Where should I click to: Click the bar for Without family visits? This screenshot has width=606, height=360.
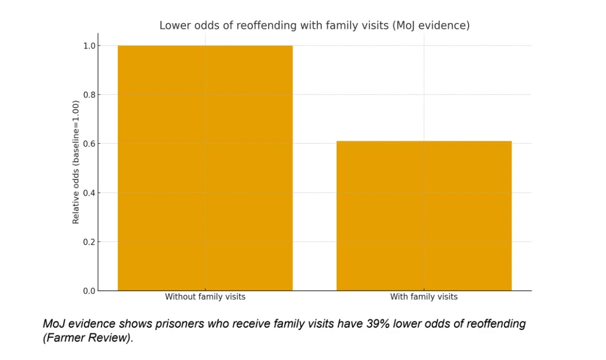pos(205,168)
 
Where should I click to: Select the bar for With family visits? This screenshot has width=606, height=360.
pos(424,216)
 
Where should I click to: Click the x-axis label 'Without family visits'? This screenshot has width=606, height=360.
pos(205,297)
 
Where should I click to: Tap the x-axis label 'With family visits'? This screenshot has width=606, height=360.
pos(424,297)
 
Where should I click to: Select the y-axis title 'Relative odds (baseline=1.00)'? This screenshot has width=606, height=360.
pos(76,162)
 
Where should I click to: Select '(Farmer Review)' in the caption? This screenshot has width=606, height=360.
pos(87,338)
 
